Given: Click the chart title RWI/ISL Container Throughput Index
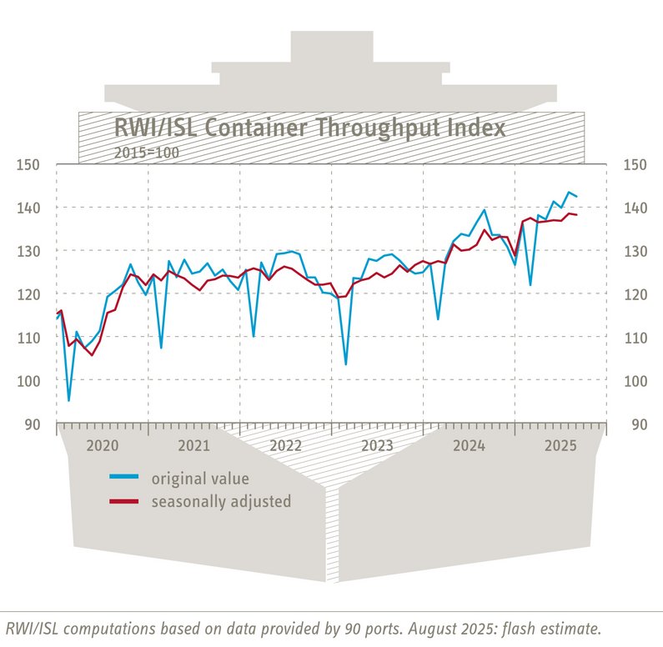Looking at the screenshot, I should [309, 130].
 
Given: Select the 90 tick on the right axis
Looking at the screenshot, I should [638, 424].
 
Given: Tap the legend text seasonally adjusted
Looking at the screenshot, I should [221, 502].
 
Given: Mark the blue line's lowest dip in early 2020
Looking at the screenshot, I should [69, 401].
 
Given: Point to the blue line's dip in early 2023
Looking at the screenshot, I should [345, 364].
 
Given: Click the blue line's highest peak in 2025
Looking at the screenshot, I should [569, 193].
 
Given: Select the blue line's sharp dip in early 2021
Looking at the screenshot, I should [161, 348].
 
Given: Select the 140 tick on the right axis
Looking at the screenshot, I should [638, 208].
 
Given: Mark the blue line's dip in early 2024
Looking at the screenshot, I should [439, 319].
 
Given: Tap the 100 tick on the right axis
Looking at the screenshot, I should [638, 381].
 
